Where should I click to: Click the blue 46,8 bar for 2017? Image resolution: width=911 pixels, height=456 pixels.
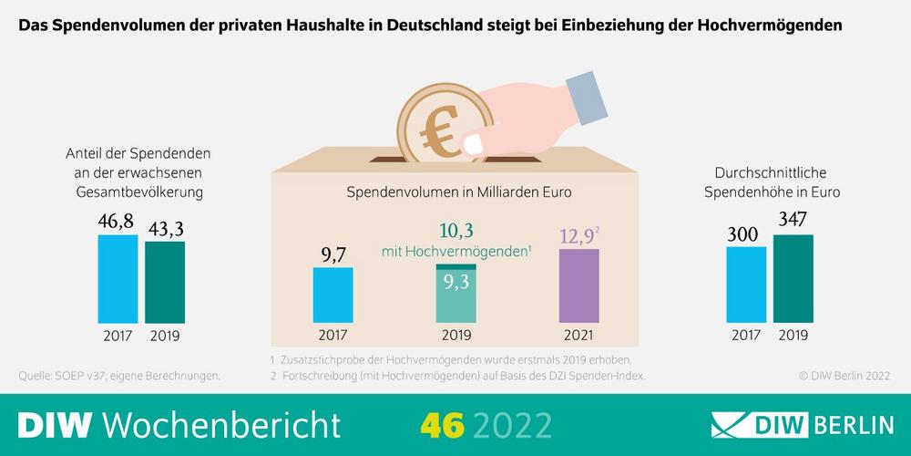(118, 279)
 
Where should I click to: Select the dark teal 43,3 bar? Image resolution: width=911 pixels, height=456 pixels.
(165, 281)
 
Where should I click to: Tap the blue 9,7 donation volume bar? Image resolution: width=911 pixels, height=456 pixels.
(333, 295)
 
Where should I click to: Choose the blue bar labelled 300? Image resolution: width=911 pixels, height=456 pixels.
(746, 285)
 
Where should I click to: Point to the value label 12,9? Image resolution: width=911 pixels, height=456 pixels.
(576, 237)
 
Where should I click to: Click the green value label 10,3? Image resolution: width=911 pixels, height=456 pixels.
(455, 230)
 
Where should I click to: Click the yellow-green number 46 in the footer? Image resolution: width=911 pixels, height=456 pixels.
(442, 424)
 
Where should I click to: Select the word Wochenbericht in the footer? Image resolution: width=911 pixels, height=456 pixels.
(222, 424)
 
